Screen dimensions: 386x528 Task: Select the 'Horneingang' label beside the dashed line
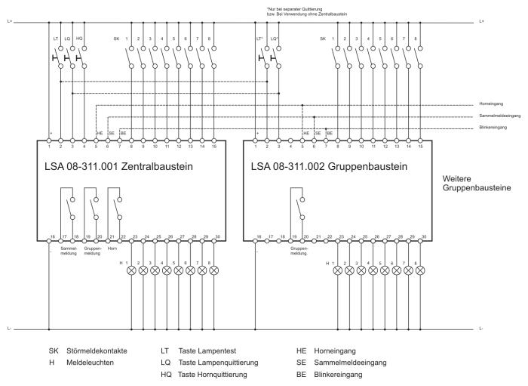tap(492, 103)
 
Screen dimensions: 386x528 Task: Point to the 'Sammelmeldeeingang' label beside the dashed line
tap(497, 116)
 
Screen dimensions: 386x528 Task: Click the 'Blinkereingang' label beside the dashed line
tap(494, 128)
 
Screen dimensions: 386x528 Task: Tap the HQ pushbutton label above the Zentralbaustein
tap(80, 38)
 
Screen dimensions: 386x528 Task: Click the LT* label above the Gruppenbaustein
tap(260, 38)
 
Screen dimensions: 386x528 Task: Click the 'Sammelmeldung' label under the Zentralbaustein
tap(69, 250)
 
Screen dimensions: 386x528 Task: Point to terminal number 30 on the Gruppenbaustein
tap(424, 237)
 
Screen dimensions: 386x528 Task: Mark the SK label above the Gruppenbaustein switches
tap(324, 38)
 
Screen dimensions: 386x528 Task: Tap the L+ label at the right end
tap(483, 21)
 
